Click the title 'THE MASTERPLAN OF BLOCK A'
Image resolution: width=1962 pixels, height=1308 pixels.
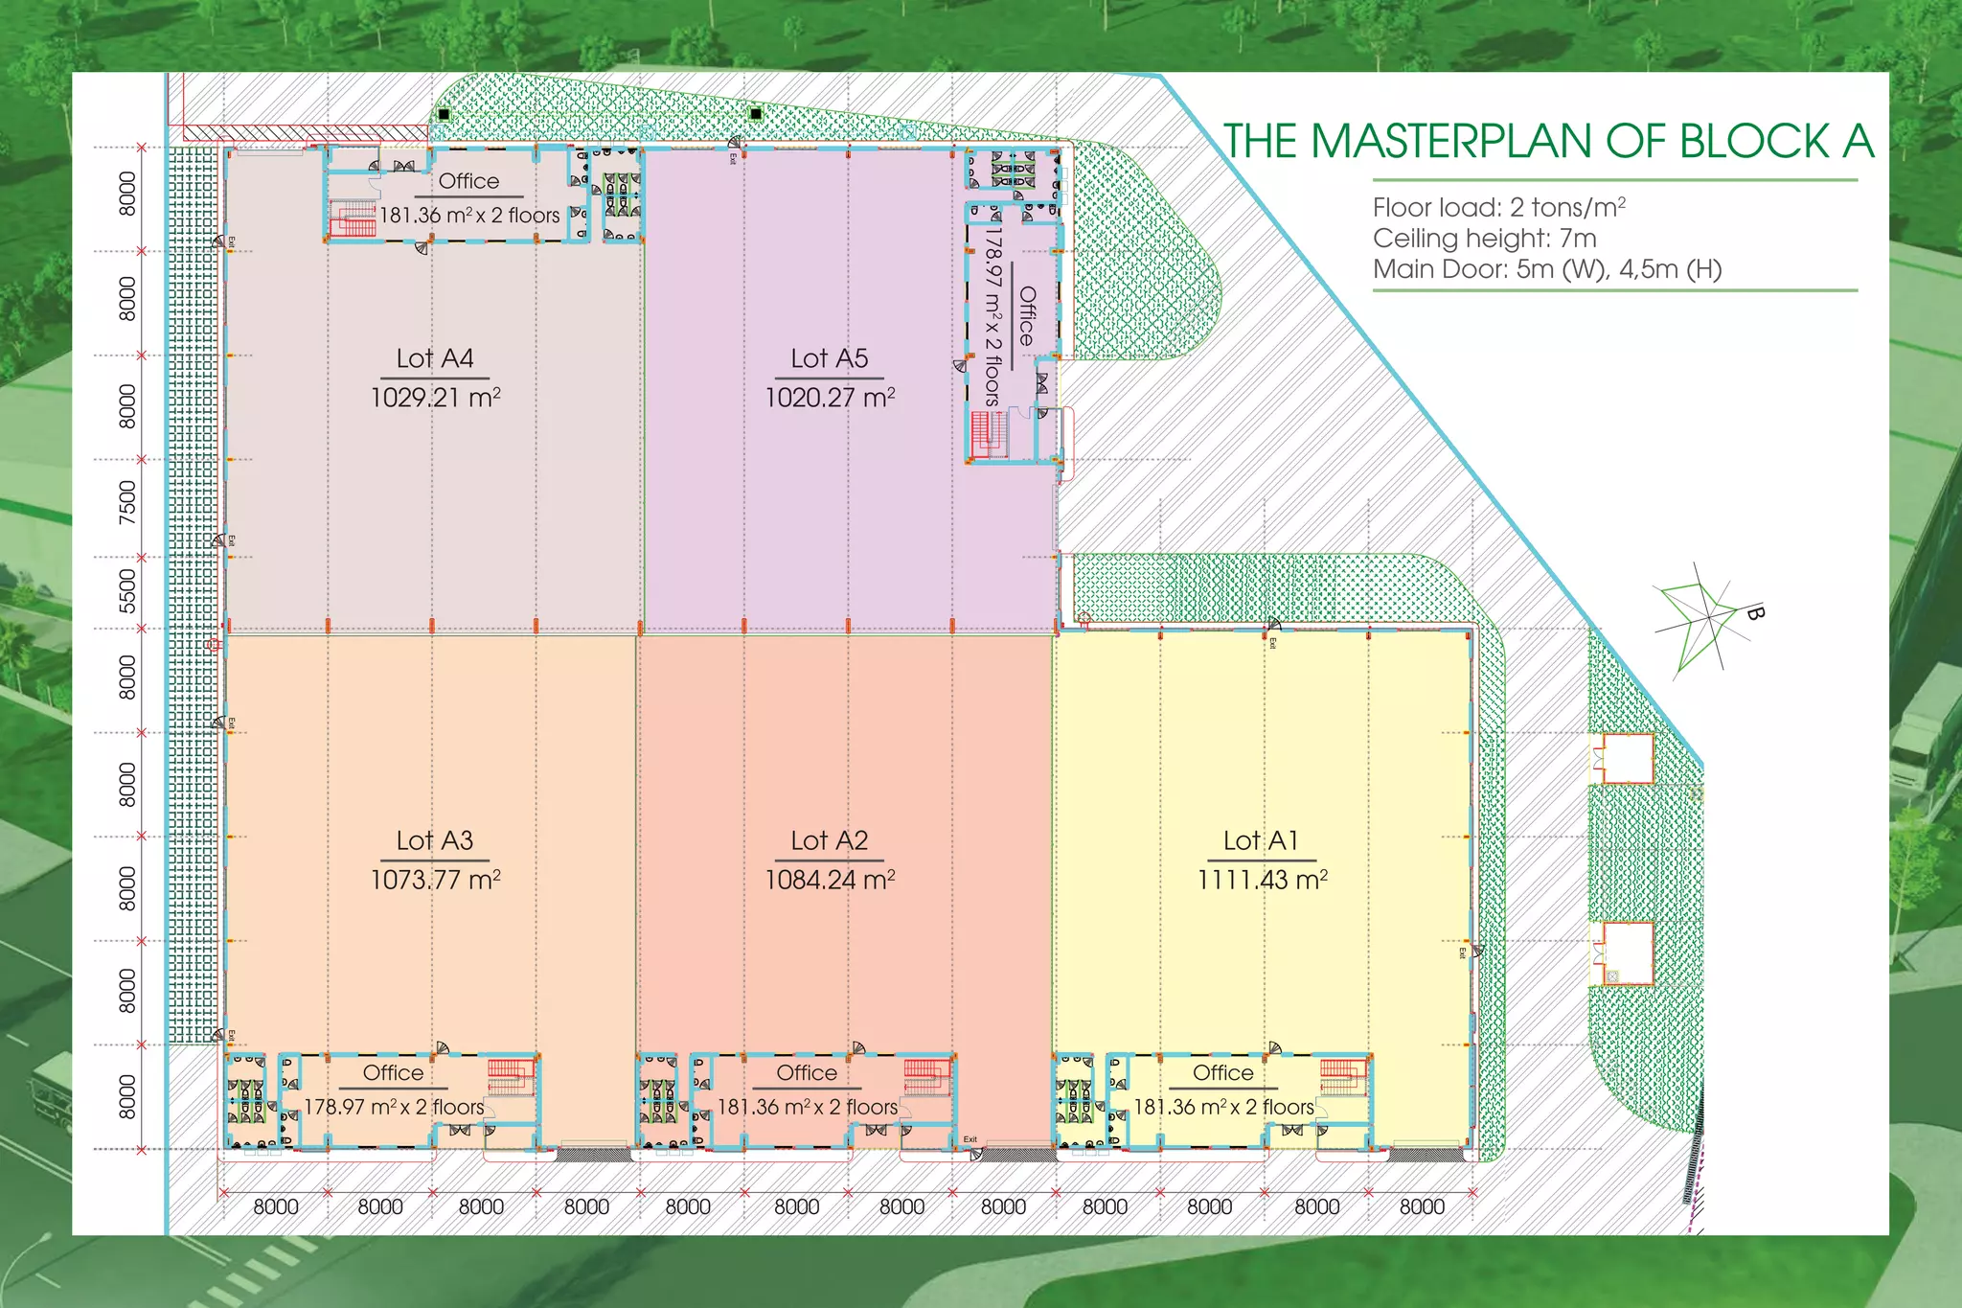point(1547,142)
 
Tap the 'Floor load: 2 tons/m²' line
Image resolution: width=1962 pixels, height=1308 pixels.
point(1498,207)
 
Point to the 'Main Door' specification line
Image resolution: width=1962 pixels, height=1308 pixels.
point(1546,269)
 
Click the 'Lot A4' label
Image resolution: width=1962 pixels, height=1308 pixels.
point(435,358)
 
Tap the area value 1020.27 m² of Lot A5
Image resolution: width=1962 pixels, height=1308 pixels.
point(830,397)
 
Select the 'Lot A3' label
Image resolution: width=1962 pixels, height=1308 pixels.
point(435,840)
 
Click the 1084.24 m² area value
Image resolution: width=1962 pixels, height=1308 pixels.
point(830,879)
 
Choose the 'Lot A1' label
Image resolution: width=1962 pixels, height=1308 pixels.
point(1261,840)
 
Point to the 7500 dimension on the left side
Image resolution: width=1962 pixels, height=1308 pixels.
point(127,503)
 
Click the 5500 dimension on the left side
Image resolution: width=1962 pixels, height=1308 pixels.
point(127,590)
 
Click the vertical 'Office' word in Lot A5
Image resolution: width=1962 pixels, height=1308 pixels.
point(1027,316)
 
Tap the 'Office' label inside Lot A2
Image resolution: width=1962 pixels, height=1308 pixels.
point(807,1072)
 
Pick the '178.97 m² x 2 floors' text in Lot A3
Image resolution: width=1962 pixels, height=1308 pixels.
point(394,1107)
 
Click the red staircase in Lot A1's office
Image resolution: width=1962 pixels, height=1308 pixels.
point(1341,1076)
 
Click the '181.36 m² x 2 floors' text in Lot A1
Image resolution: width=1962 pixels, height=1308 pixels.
point(1223,1107)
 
